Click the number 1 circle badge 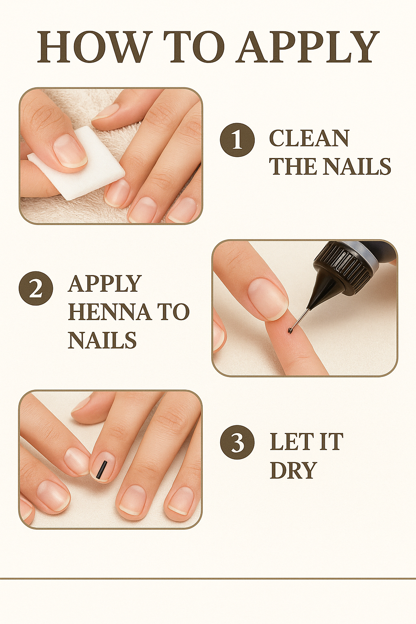[237, 140]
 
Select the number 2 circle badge [36, 288]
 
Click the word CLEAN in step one [309, 138]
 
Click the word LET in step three [289, 442]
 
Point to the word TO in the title [196, 48]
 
